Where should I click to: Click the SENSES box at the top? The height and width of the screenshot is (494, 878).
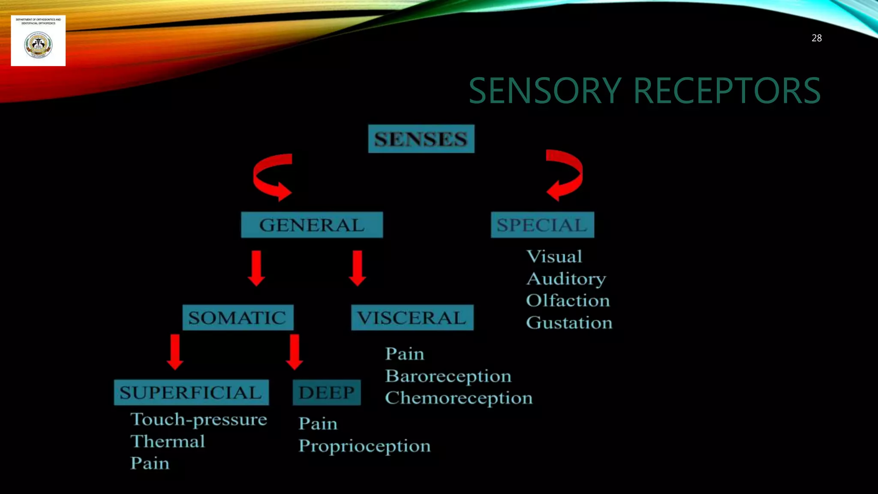421,139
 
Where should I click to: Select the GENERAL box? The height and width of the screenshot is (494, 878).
312,225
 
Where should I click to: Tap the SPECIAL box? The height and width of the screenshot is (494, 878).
542,225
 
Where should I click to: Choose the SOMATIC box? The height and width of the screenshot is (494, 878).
238,318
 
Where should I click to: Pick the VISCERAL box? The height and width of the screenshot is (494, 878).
412,318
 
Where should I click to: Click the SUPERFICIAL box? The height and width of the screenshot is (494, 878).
191,392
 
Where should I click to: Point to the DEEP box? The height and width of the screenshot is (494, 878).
327,392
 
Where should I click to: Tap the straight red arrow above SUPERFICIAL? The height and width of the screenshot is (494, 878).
175,352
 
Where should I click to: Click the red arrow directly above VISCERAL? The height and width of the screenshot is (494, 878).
357,268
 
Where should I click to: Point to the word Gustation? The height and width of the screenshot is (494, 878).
569,323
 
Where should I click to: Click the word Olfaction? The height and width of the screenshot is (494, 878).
568,301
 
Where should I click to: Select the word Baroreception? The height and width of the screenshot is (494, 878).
448,376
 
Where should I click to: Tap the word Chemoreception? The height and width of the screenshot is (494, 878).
459,398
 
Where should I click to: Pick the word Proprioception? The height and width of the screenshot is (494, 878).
364,446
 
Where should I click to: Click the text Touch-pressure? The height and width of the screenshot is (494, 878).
198,419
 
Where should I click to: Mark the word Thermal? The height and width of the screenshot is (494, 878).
168,441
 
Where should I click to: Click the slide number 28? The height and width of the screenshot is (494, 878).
816,38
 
